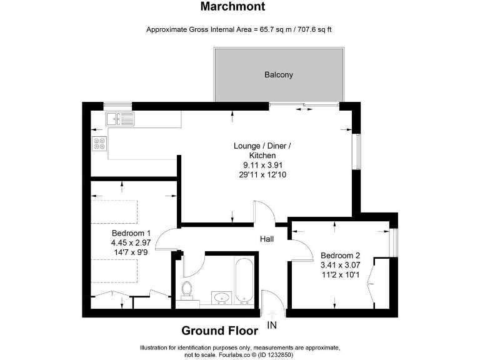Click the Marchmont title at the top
point(232,7)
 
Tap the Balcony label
point(279,75)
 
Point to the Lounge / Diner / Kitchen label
point(262,151)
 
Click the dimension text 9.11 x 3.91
point(262,165)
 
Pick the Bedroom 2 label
point(341,255)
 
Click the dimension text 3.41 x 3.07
point(341,264)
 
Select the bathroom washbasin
point(221,296)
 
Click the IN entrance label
point(272,325)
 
